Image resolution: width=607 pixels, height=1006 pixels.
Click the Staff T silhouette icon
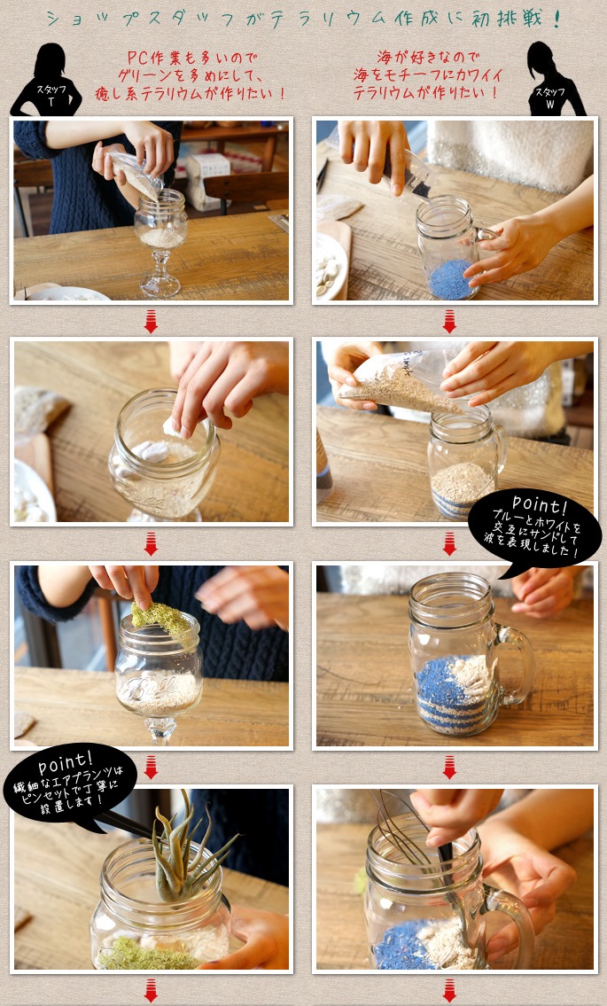[46, 80]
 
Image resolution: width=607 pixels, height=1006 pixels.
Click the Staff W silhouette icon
[556, 79]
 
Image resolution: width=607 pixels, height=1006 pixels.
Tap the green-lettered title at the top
[303, 19]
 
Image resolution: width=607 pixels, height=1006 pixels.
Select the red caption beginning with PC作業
[190, 75]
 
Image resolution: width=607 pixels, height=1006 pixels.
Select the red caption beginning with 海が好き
[427, 75]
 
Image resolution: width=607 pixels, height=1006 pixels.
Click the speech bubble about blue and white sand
[533, 532]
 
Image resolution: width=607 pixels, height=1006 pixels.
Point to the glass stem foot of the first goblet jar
[160, 274]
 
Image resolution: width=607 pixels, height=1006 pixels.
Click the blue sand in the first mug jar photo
[451, 280]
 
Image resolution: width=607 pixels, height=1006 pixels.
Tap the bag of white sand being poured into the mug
[401, 384]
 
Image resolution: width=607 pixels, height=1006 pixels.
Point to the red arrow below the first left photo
[151, 322]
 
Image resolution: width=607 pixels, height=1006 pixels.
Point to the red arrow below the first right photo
[449, 322]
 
